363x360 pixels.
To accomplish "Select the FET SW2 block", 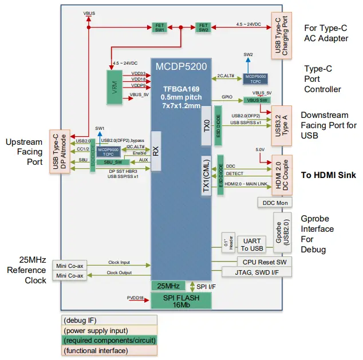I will tap(202, 27).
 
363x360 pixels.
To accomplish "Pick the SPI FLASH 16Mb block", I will tap(180, 300).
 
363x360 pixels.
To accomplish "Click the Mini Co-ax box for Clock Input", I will tap(70, 265).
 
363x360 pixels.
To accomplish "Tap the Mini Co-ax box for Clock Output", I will tap(70, 275).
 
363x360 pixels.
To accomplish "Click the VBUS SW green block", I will tap(257, 100).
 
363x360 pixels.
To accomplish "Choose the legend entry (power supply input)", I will tap(109, 330).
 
